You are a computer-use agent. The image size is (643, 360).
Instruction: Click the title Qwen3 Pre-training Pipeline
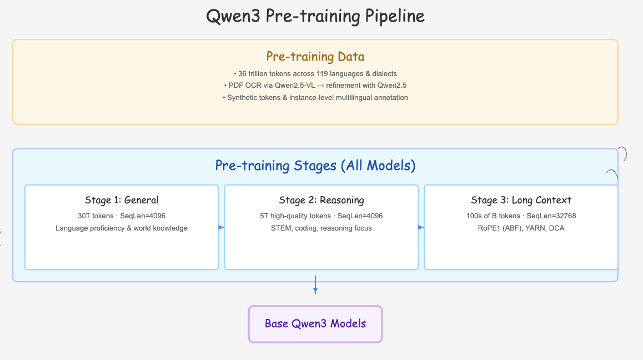315,16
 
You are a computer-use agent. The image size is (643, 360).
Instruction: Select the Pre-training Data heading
315,56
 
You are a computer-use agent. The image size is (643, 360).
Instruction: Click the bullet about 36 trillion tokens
315,73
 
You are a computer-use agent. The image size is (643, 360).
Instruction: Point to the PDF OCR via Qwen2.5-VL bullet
315,86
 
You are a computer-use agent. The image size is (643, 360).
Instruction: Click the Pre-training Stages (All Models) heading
315,166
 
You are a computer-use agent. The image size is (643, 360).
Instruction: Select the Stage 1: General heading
122,200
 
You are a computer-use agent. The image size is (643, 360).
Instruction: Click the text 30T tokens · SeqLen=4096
122,216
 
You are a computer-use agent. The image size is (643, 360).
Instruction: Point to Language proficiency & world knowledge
122,228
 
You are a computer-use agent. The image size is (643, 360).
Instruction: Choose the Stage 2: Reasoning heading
321,200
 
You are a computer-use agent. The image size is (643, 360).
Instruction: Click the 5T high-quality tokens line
321,216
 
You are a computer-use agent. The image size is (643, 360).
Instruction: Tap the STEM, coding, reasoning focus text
321,228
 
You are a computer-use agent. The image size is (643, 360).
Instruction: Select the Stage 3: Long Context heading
521,200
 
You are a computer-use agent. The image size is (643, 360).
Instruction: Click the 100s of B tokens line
521,216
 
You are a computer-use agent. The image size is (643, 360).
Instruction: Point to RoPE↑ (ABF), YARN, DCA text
521,228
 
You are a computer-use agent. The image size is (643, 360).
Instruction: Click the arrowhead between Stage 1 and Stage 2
221,227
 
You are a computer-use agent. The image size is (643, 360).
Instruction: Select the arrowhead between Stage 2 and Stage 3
421,227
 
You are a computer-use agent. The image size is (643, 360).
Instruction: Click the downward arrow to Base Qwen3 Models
315,287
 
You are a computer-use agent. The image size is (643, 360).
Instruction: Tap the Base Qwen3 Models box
315,323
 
